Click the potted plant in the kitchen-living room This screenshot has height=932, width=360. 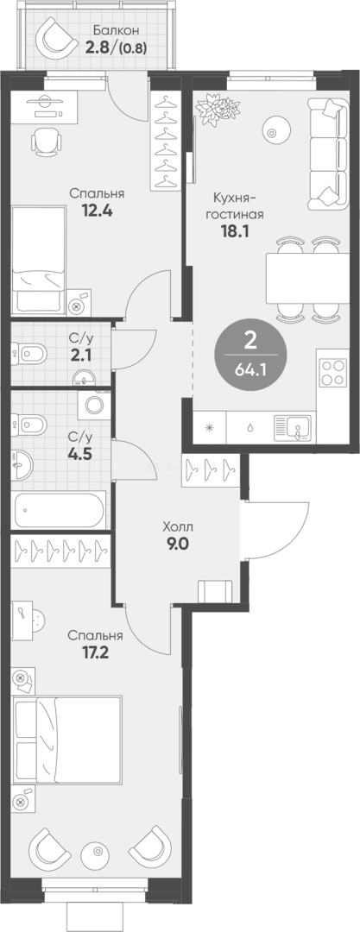[x=214, y=110]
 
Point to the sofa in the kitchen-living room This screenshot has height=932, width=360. [x=327, y=154]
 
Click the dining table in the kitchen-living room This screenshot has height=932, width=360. [x=307, y=278]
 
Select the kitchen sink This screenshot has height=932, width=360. [x=291, y=427]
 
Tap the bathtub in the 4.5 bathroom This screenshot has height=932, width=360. [x=60, y=509]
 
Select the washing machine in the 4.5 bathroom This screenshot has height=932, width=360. [x=95, y=406]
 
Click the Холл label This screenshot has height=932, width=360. [x=179, y=526]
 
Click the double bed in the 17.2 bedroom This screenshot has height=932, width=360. [x=68, y=740]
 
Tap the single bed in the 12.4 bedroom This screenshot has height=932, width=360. [x=38, y=259]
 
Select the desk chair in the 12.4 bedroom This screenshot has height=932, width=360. [x=45, y=141]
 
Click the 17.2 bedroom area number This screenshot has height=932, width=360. [x=96, y=652]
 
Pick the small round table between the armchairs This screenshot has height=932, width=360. [x=95, y=853]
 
